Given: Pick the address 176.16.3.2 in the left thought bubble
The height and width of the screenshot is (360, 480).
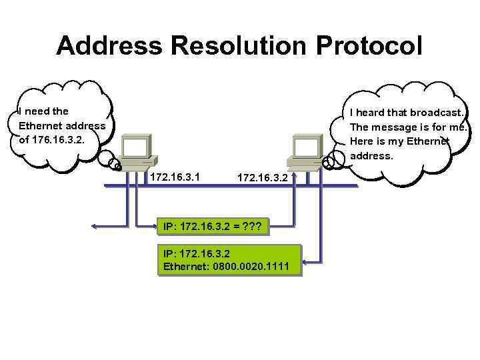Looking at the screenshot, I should click(x=68, y=141).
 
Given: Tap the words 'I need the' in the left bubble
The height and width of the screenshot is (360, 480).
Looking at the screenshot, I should click(x=44, y=111).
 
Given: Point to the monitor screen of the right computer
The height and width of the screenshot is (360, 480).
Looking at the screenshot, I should click(x=307, y=147).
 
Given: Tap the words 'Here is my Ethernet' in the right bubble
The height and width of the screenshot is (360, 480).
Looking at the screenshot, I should click(x=400, y=141).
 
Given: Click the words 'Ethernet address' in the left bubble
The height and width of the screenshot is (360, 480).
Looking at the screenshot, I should click(x=62, y=126).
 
